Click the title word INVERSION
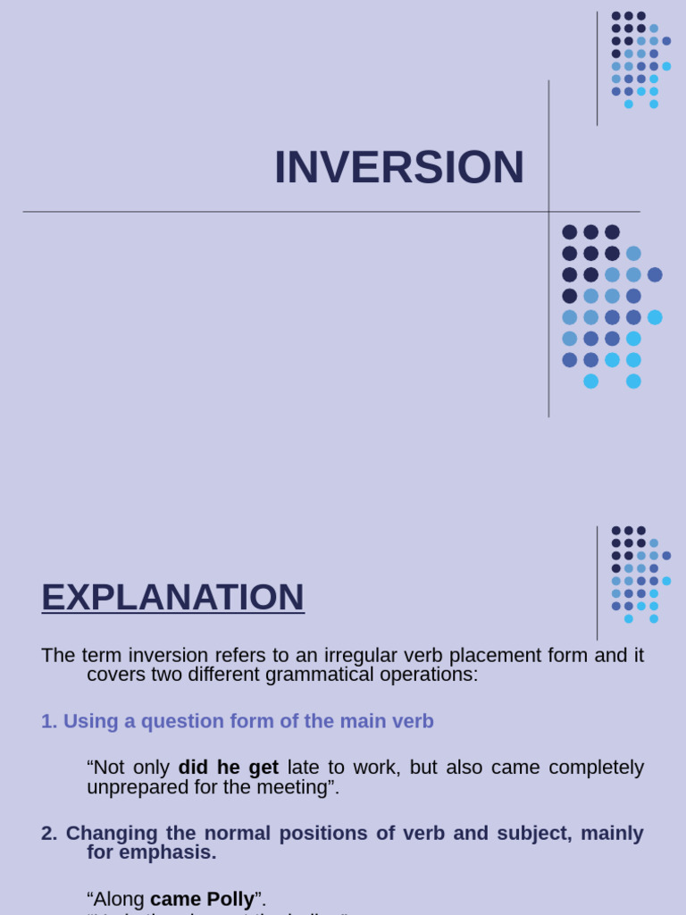[x=398, y=167]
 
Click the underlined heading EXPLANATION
[x=172, y=597]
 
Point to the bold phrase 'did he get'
[x=228, y=768]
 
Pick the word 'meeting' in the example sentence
[x=297, y=787]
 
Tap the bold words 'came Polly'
[x=202, y=899]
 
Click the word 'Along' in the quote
[x=117, y=899]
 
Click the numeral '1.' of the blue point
[x=49, y=721]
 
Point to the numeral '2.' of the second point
[x=49, y=833]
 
